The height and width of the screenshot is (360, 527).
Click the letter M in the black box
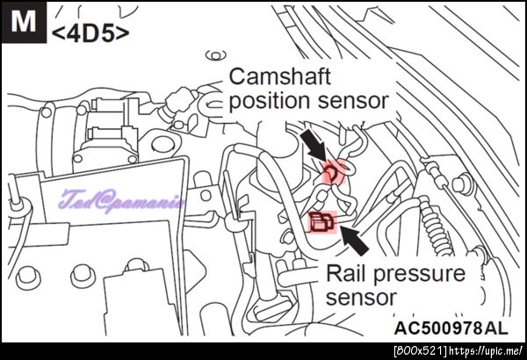[24, 21]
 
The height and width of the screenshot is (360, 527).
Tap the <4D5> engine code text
[90, 33]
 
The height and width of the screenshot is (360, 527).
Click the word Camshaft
[279, 76]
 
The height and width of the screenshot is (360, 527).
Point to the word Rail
[347, 273]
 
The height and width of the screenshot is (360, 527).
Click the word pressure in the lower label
[420, 275]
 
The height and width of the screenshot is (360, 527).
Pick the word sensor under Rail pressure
[361, 298]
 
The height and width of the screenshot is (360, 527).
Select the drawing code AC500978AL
[451, 328]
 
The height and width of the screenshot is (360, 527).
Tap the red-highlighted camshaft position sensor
[333, 172]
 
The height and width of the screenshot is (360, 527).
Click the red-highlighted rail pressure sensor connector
[322, 222]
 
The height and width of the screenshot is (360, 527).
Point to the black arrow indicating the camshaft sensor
[314, 145]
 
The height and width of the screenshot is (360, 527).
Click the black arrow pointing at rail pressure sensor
[355, 240]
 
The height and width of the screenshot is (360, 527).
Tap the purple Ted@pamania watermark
[122, 202]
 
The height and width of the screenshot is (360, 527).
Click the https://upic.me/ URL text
[486, 351]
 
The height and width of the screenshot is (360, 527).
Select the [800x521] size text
[421, 351]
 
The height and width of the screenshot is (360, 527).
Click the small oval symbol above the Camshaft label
[216, 55]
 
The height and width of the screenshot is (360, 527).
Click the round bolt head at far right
[463, 184]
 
